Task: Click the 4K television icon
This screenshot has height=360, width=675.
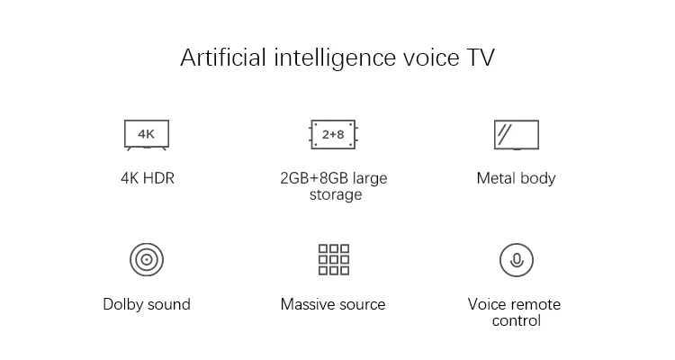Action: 146,134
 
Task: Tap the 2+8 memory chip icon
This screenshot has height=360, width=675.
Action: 333,134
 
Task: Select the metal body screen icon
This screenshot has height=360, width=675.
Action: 517,134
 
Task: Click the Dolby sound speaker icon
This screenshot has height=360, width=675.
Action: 146,260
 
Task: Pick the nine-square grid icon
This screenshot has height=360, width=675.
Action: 333,259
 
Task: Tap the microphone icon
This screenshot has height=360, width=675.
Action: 517,260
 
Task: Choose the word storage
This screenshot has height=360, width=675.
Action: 335,194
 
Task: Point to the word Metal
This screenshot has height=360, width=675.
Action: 496,178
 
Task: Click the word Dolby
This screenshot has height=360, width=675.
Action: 123,304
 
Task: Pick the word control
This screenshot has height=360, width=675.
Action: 517,320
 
